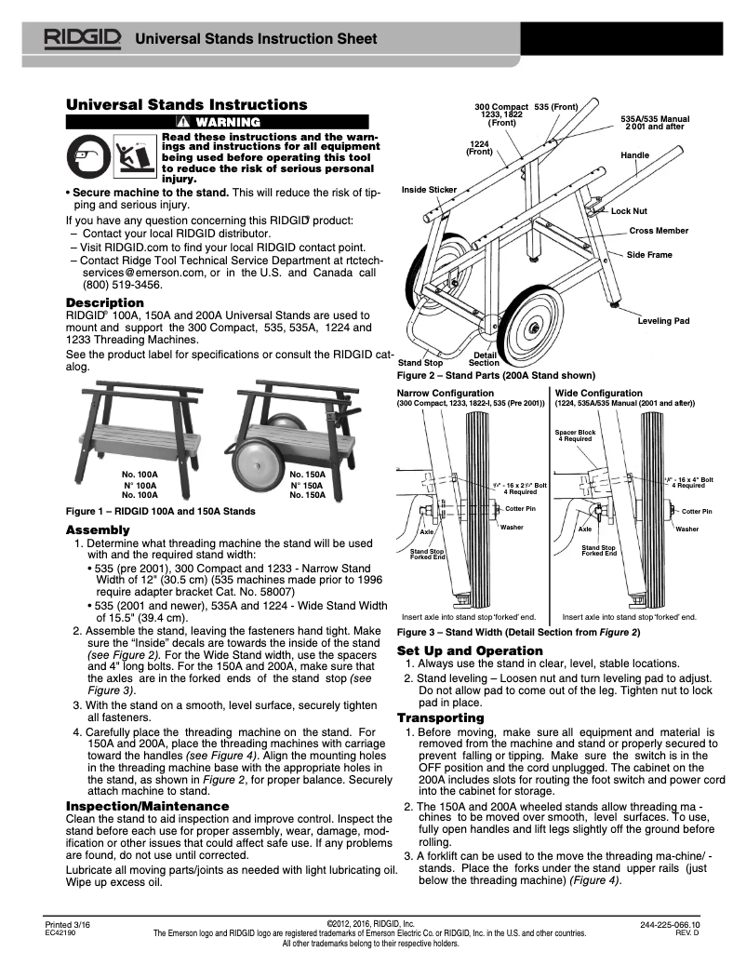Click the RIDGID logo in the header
(85, 38)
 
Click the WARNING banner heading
(220, 122)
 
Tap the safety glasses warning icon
(87, 154)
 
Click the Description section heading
(104, 303)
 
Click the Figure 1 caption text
(159, 511)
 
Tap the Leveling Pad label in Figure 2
(662, 320)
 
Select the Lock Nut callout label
(628, 211)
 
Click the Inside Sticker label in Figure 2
(428, 190)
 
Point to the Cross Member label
(659, 230)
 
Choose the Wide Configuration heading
(598, 394)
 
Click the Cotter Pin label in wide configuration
(696, 511)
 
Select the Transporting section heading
(440, 717)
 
